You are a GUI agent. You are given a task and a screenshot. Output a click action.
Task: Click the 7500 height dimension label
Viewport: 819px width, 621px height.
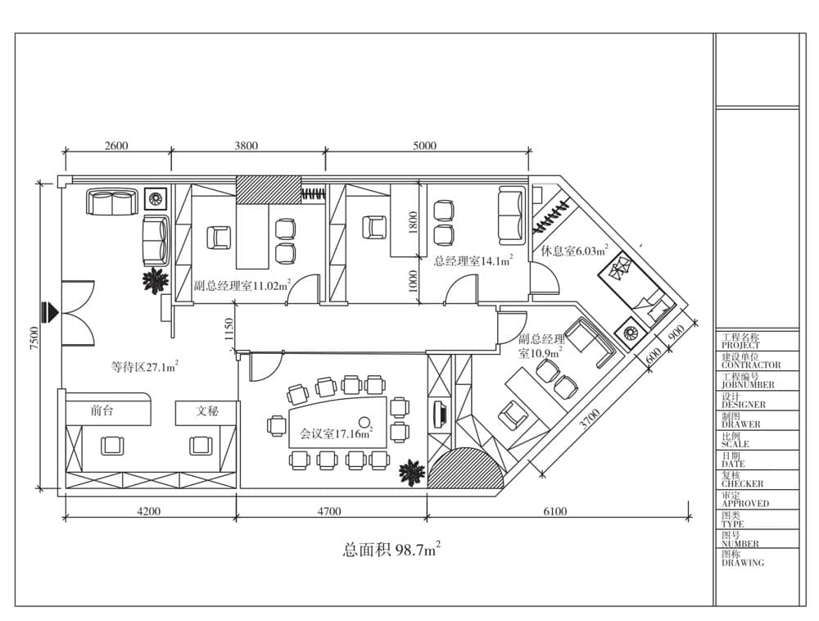tap(34, 338)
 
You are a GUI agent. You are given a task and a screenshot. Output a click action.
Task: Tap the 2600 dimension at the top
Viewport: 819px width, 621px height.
tap(116, 145)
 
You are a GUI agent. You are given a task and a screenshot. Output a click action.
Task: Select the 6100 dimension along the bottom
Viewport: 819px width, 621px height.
tap(554, 511)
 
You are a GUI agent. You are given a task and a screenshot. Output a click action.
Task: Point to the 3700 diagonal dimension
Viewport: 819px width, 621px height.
tap(590, 419)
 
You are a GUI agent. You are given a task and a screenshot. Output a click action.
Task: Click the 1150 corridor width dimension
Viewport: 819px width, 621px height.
tap(229, 329)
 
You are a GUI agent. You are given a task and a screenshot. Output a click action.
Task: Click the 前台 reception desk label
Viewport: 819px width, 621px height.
tap(102, 410)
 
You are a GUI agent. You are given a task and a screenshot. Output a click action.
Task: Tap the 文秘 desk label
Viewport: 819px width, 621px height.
tap(207, 411)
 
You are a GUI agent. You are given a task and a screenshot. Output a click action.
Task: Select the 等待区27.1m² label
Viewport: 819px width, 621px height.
tap(145, 367)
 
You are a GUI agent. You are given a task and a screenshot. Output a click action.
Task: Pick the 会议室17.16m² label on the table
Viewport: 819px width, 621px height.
tap(336, 433)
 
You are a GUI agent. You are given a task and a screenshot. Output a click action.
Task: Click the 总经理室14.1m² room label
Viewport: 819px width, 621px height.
tap(473, 261)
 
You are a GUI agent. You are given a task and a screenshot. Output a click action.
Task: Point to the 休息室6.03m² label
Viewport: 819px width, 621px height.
tap(574, 251)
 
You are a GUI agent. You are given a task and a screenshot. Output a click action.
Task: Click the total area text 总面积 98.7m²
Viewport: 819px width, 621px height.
tap(391, 550)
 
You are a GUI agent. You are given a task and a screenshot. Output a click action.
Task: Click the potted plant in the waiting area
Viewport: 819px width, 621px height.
tap(155, 280)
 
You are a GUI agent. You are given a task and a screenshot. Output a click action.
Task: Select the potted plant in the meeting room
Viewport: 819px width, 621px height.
tap(412, 473)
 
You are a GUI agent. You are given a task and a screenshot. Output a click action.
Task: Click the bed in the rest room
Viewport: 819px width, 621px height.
tap(634, 288)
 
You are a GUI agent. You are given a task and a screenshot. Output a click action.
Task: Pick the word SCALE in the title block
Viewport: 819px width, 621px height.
tap(735, 445)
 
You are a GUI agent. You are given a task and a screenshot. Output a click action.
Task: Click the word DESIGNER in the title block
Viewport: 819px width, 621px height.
tap(744, 405)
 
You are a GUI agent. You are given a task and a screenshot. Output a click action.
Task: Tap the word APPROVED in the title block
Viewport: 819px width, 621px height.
tap(745, 504)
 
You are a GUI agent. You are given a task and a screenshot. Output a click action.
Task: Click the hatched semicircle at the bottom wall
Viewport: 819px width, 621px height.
tap(466, 470)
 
